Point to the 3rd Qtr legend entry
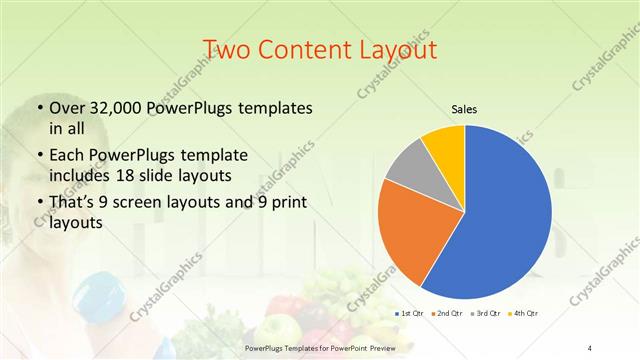click(487, 314)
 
